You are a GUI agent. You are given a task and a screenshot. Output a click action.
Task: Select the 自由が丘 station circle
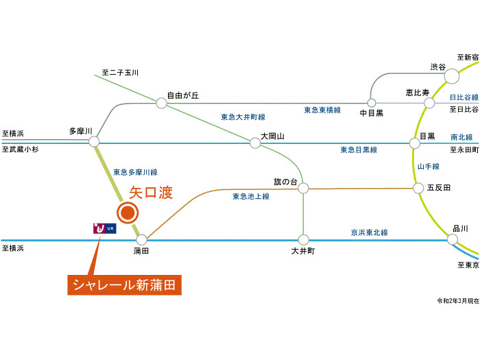(161, 103)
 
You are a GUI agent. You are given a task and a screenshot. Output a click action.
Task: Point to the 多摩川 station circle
(94, 142)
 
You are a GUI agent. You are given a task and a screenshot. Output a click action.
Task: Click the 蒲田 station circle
(141, 240)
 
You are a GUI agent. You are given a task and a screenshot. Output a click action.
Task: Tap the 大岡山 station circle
(255, 142)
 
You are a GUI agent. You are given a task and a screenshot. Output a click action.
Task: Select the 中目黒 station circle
(371, 103)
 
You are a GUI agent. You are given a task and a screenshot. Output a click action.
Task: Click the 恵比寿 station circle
(429, 103)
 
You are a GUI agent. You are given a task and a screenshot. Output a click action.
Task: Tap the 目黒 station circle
(414, 143)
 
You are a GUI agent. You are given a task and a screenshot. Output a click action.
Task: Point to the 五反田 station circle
(416, 187)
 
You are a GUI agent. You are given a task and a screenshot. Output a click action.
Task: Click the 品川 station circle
(453, 239)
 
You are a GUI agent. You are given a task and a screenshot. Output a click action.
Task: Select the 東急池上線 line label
(251, 197)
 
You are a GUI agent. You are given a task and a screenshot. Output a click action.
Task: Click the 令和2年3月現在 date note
(458, 301)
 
